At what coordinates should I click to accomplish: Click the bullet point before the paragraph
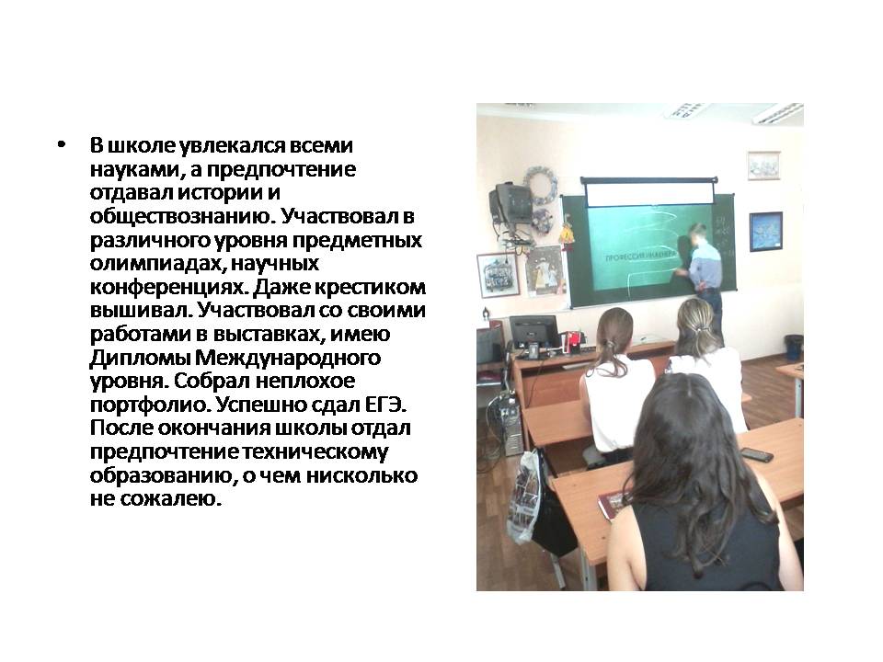pyautogui.click(x=62, y=145)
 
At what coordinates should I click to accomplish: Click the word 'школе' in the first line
pyautogui.click(x=142, y=146)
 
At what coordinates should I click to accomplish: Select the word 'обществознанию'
pyautogui.click(x=182, y=217)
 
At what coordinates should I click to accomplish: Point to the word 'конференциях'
pyautogui.click(x=168, y=288)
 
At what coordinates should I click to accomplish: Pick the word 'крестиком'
pyautogui.click(x=370, y=288)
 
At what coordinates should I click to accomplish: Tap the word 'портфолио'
pyautogui.click(x=150, y=405)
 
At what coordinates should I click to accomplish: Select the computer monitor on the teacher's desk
pyautogui.click(x=533, y=335)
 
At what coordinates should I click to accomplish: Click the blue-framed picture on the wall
pyautogui.click(x=766, y=232)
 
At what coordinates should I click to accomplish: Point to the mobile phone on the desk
pyautogui.click(x=756, y=454)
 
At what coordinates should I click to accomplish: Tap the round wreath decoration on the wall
pyautogui.click(x=541, y=186)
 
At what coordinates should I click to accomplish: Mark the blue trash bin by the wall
pyautogui.click(x=793, y=348)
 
